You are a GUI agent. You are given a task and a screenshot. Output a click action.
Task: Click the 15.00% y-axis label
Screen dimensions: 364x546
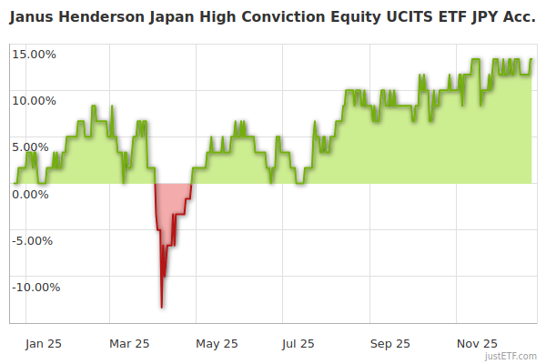coord(34,54)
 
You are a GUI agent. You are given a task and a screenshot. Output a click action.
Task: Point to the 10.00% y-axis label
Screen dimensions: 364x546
coord(34,100)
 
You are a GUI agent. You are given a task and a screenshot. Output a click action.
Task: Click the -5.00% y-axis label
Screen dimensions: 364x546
coord(35,240)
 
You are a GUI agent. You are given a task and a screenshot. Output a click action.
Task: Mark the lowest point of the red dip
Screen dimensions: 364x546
coord(162,307)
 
